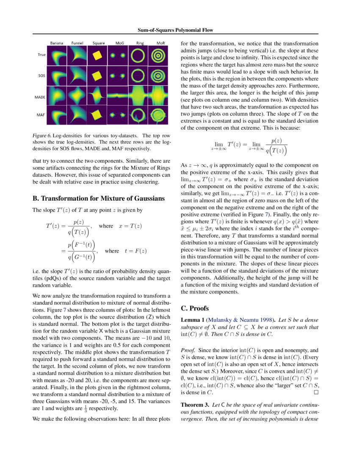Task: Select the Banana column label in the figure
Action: click(57, 43)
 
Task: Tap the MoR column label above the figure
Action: click(160, 43)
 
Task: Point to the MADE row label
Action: click(40, 97)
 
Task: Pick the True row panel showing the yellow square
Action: click(98, 55)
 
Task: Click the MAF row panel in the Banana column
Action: click(57, 115)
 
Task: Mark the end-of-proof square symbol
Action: click(316, 392)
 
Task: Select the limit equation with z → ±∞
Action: click(249, 147)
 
